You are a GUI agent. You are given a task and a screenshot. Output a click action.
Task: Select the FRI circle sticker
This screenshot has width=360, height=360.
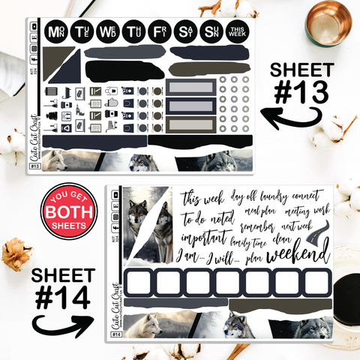click(x=158, y=32)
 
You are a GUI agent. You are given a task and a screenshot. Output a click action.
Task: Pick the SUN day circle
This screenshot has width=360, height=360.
click(x=211, y=32)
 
